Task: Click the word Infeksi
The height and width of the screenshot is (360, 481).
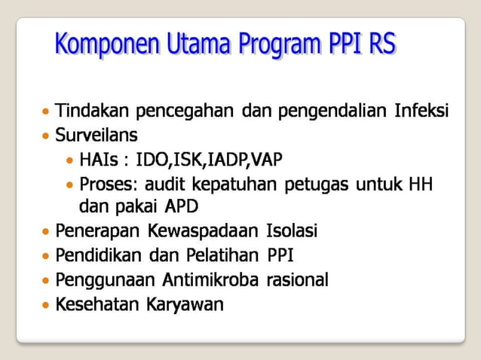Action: point(421,112)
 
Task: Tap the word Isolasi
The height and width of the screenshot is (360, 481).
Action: point(293,230)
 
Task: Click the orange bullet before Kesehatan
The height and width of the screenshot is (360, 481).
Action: point(47,306)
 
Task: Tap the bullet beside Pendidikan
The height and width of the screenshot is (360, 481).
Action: point(47,256)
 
